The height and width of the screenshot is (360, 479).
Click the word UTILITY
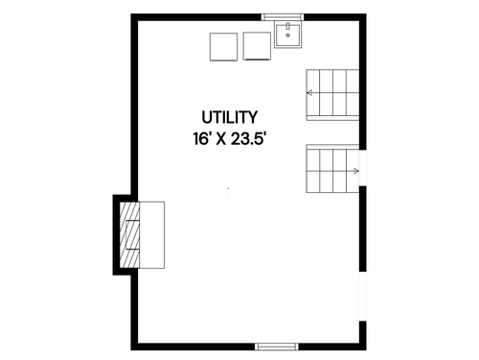pyautogui.click(x=229, y=117)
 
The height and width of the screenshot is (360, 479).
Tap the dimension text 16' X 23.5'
pyautogui.click(x=229, y=139)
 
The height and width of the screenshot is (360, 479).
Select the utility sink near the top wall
pyautogui.click(x=287, y=35)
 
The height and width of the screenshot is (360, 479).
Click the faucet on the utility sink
pyautogui.click(x=287, y=26)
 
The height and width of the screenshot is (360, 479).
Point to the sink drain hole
pyautogui.click(x=287, y=36)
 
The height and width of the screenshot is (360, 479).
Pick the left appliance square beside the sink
pyautogui.click(x=223, y=47)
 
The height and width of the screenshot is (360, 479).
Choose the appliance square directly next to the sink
pyautogui.click(x=257, y=46)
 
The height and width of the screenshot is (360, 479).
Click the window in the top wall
pyautogui.click(x=283, y=17)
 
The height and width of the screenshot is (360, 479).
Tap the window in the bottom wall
pyautogui.click(x=277, y=347)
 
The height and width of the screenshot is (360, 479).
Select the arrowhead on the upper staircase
pyautogui.click(x=309, y=93)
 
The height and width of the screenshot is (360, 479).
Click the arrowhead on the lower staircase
pyautogui.click(x=356, y=171)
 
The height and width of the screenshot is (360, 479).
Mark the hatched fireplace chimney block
pyautogui.click(x=129, y=235)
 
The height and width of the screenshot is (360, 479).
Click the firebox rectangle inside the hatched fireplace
pyautogui.click(x=132, y=234)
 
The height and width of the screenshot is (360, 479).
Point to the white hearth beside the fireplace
pyautogui.click(x=152, y=235)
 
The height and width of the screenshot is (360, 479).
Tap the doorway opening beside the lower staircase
pyautogui.click(x=363, y=168)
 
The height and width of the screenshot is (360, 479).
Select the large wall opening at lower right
pyautogui.click(x=363, y=297)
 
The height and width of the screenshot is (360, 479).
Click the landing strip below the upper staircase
pyautogui.click(x=332, y=118)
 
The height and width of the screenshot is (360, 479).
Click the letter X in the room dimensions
pyautogui.click(x=221, y=139)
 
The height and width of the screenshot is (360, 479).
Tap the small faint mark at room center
pyautogui.click(x=228, y=195)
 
